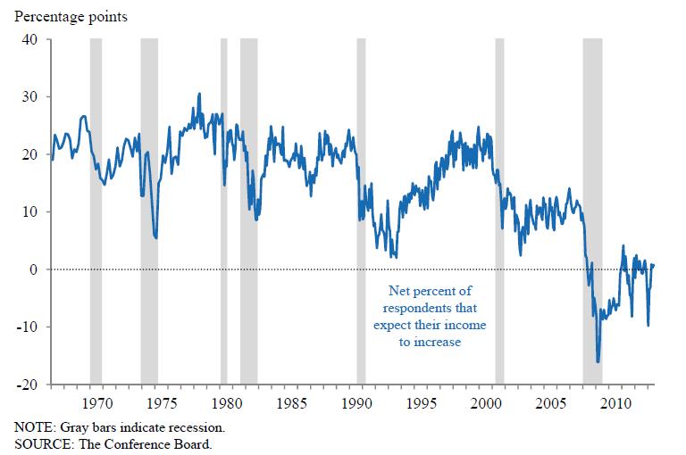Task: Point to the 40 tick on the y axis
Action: pyautogui.click(x=29, y=39)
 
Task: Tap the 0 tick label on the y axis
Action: pyautogui.click(x=34, y=269)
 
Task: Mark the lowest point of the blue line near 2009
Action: pyautogui.click(x=598, y=361)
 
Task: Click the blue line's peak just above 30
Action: pyautogui.click(x=199, y=94)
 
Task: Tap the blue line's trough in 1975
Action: pyautogui.click(x=156, y=238)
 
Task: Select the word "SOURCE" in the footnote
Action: pyautogui.click(x=42, y=443)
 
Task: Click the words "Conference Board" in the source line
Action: pyautogui.click(x=164, y=443)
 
